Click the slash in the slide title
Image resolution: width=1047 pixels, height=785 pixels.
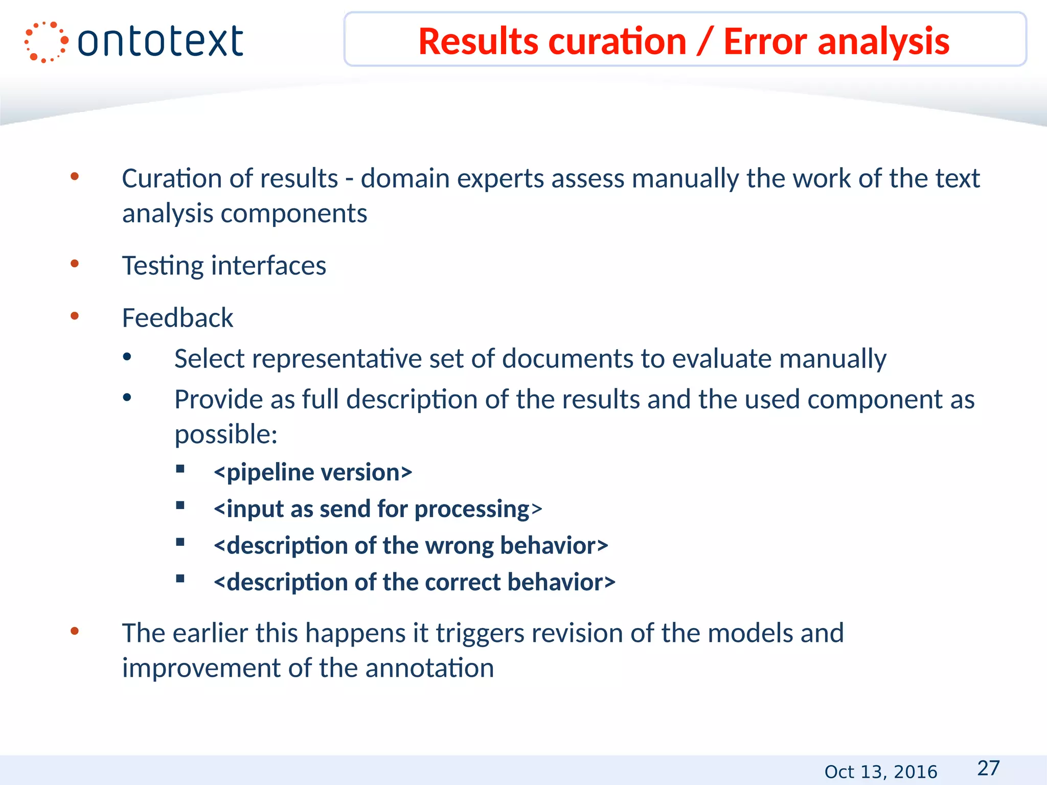pyautogui.click(x=704, y=42)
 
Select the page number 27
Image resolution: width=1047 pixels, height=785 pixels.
pyautogui.click(x=988, y=768)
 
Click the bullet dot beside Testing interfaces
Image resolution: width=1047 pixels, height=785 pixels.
pyautogui.click(x=75, y=264)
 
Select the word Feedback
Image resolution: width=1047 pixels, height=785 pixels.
pyautogui.click(x=177, y=318)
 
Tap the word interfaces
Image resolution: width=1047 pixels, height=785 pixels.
pyautogui.click(x=268, y=266)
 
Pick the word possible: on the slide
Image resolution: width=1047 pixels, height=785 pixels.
pyautogui.click(x=225, y=434)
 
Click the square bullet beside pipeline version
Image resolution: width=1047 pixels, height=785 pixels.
pyautogui.click(x=180, y=469)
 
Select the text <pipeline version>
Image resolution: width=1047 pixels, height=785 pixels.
pyautogui.click(x=313, y=472)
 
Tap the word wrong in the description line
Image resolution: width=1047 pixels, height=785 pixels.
pyautogui.click(x=459, y=546)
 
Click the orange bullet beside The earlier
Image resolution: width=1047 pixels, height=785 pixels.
pyautogui.click(x=75, y=631)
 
